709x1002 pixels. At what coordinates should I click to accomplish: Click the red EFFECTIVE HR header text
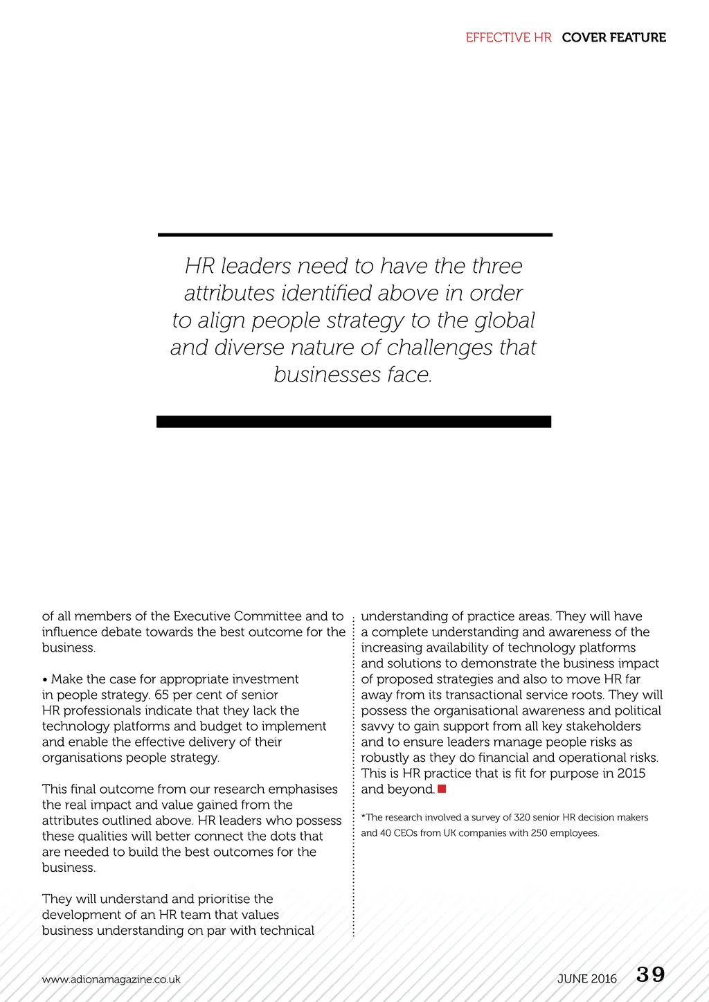(x=508, y=37)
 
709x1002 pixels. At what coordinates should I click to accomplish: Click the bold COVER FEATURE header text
(x=613, y=37)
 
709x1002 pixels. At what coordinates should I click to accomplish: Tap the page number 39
(x=650, y=974)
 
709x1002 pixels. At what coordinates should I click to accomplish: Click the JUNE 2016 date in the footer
(x=586, y=978)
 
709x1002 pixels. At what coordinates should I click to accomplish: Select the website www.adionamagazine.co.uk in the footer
(x=111, y=979)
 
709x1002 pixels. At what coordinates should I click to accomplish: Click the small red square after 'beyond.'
(x=442, y=789)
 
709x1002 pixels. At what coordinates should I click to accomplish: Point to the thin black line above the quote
(x=354, y=235)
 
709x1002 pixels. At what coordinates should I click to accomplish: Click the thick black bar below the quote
(x=354, y=422)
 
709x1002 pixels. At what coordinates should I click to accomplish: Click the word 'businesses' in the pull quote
(x=327, y=375)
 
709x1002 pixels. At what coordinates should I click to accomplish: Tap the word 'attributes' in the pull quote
(x=230, y=293)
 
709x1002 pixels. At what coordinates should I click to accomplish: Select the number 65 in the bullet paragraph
(x=161, y=695)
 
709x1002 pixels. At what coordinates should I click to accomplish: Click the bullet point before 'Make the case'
(x=45, y=679)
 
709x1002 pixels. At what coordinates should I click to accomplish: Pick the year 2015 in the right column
(x=631, y=773)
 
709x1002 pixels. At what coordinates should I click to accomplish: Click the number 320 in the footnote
(x=522, y=817)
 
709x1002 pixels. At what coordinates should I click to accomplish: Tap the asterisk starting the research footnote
(x=364, y=817)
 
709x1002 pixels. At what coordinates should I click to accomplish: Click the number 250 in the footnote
(x=539, y=832)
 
